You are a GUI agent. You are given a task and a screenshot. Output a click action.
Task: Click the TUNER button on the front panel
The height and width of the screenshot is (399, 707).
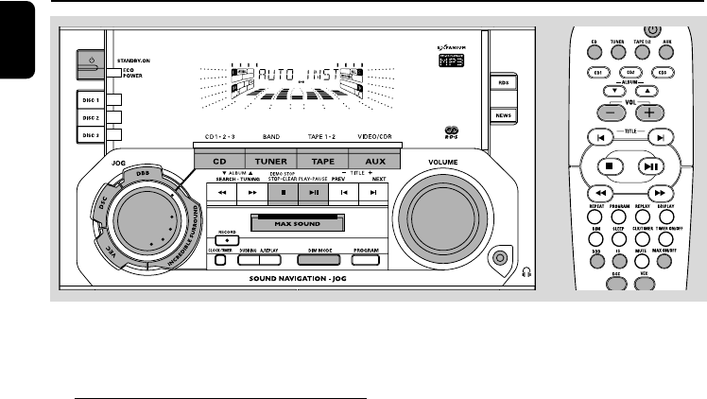click(272, 162)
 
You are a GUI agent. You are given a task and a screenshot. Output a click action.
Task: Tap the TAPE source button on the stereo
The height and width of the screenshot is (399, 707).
click(324, 162)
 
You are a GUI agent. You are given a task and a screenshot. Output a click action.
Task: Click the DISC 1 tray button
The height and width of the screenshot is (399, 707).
click(90, 99)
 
